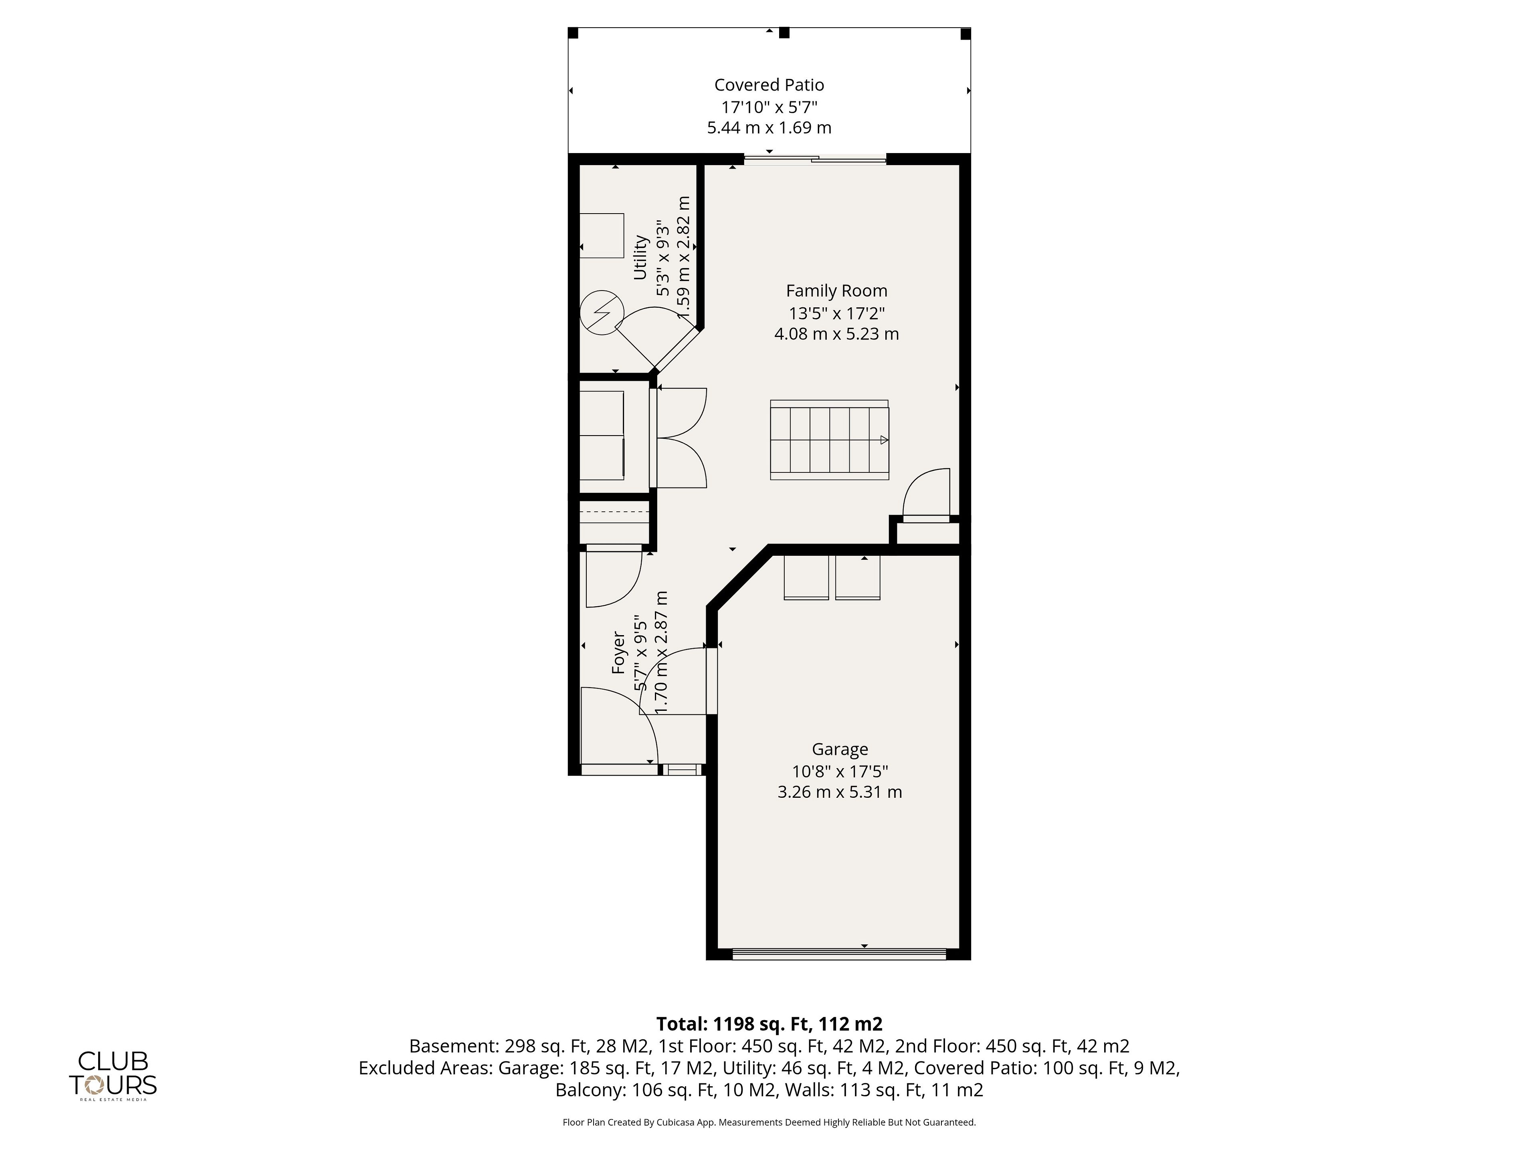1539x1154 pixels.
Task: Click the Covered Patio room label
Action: [x=769, y=85]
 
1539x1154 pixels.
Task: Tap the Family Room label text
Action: [x=836, y=291]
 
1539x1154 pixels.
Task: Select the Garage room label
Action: [x=840, y=749]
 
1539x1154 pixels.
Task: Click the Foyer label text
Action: [x=618, y=652]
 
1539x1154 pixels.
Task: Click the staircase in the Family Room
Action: [x=829, y=440]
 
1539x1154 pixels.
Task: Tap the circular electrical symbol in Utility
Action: [x=602, y=312]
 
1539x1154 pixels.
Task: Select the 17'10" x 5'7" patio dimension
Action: [x=769, y=107]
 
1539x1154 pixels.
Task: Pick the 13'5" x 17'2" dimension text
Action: [x=836, y=313]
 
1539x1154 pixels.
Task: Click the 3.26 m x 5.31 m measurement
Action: [x=840, y=792]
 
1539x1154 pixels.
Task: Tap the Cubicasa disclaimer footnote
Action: [x=769, y=1122]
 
